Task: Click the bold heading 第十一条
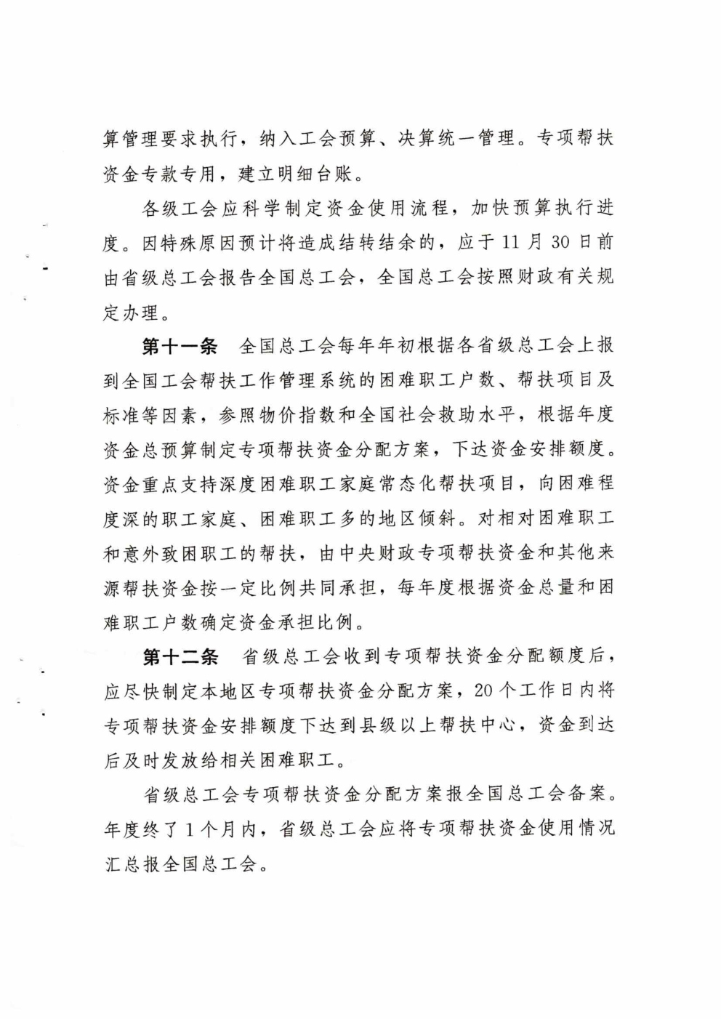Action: [x=180, y=346]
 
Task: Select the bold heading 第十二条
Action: [x=180, y=657]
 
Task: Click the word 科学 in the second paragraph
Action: [x=263, y=209]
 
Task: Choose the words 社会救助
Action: [x=454, y=415]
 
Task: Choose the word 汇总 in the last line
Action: [x=122, y=864]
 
